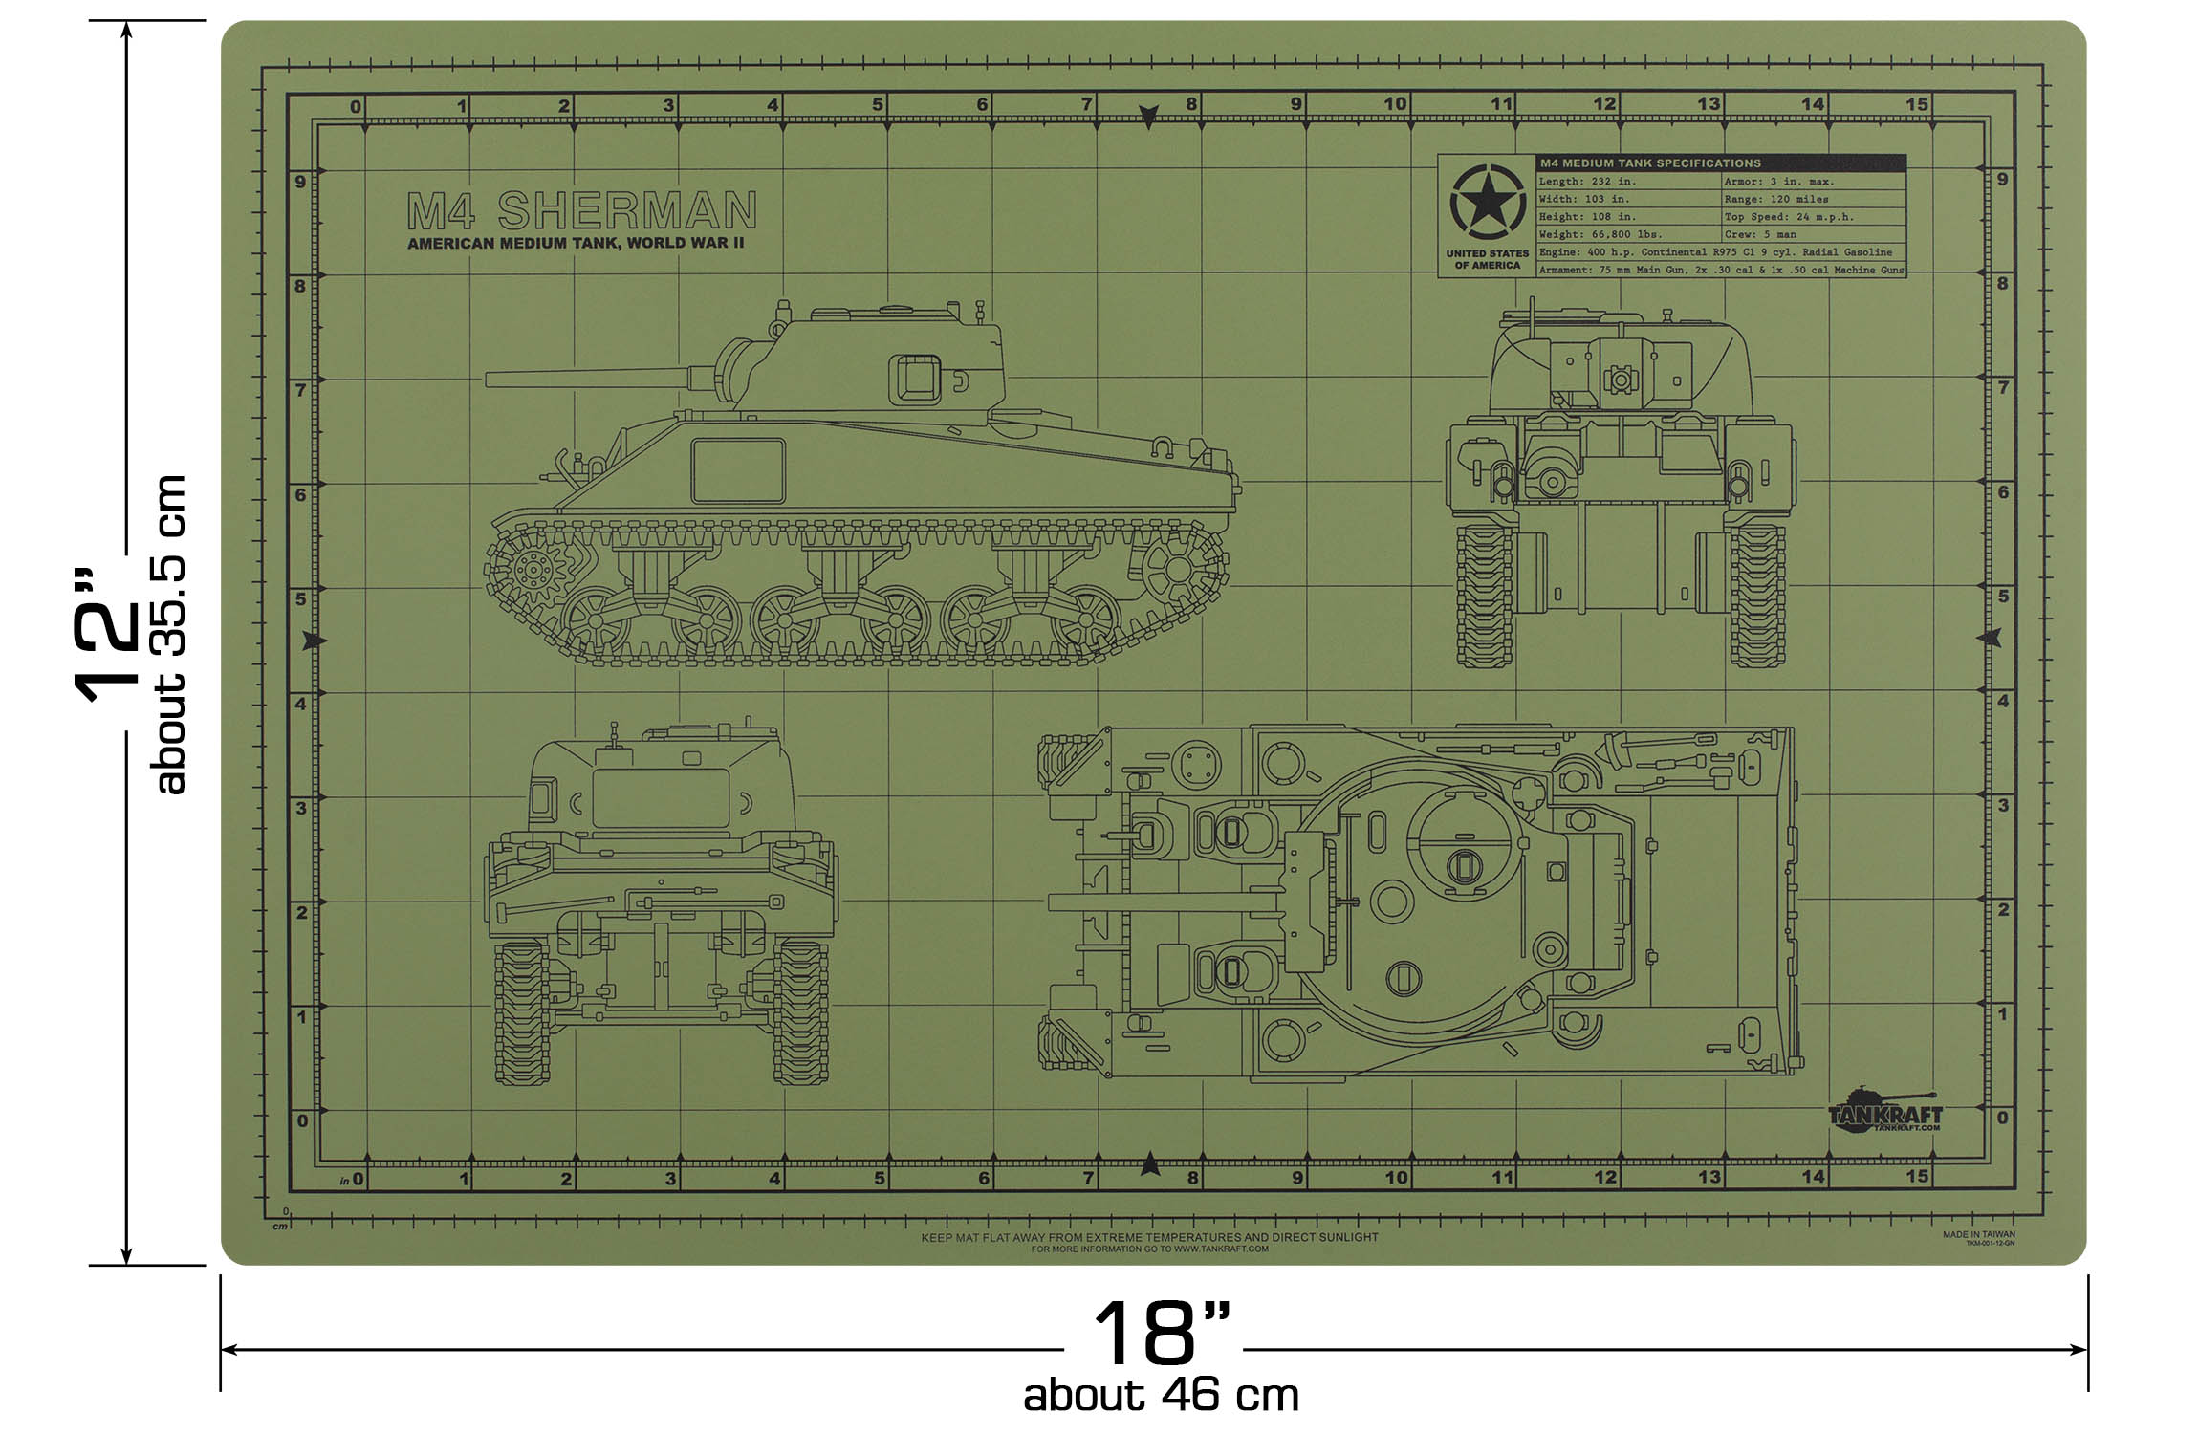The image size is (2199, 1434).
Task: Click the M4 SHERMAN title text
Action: tap(582, 210)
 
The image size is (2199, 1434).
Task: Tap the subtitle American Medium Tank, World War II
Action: tap(576, 244)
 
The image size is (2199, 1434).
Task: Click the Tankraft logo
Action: tap(1884, 1113)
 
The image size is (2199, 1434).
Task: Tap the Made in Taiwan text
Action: tap(1979, 1234)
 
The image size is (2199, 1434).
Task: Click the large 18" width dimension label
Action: tap(1160, 1333)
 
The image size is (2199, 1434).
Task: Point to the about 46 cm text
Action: tap(1161, 1397)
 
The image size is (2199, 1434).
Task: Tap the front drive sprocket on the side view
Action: tap(529, 571)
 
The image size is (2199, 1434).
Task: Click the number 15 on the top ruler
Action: tap(1917, 104)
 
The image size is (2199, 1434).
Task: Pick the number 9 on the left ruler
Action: tap(300, 182)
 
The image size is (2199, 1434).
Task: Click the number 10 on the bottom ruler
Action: tap(1397, 1178)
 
